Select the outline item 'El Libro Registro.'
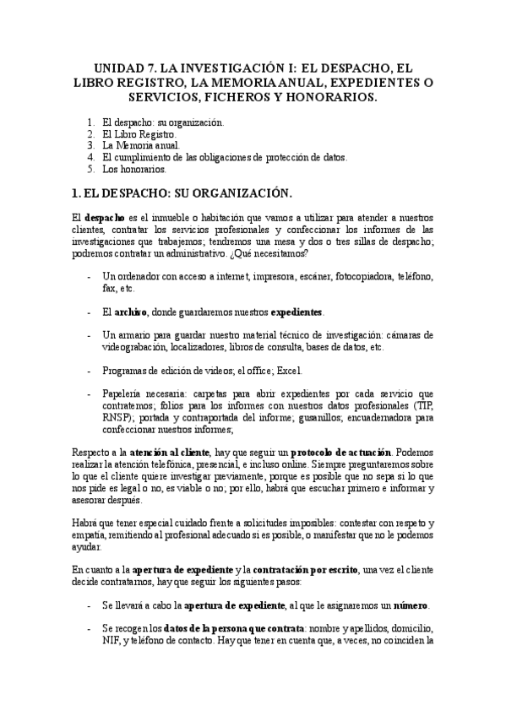[139, 133]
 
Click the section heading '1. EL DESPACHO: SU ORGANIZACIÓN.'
[182, 193]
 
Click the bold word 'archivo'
[131, 312]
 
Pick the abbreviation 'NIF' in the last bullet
[111, 641]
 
